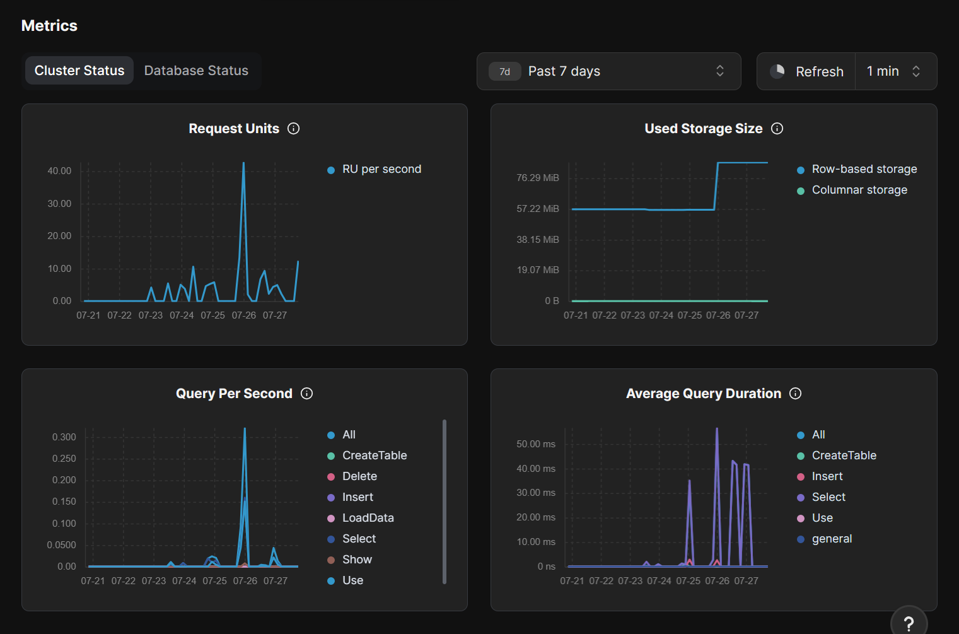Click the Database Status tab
pyautogui.click(x=196, y=71)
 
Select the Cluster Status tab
pyautogui.click(x=79, y=71)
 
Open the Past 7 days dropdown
pyautogui.click(x=608, y=71)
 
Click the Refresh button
pyautogui.click(x=807, y=71)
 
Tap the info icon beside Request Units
pyautogui.click(x=294, y=129)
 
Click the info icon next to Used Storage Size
pyautogui.click(x=777, y=129)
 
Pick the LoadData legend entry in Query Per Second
pyautogui.click(x=368, y=518)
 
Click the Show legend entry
pyautogui.click(x=356, y=560)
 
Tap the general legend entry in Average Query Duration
pyautogui.click(x=831, y=539)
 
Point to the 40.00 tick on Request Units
pyautogui.click(x=60, y=171)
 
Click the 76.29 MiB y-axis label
pyautogui.click(x=538, y=178)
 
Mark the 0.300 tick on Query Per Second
pyautogui.click(x=64, y=437)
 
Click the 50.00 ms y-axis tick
pyautogui.click(x=536, y=444)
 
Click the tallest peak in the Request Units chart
pyautogui.click(x=243, y=164)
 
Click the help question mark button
pyautogui.click(x=909, y=623)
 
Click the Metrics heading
pyautogui.click(x=49, y=26)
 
